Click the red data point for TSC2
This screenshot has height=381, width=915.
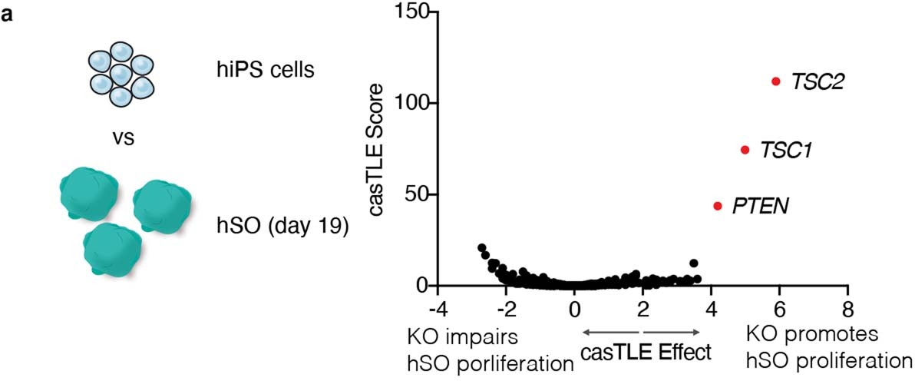point(776,81)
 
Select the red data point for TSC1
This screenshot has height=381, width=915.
point(745,150)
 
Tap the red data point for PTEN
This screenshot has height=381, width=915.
point(718,206)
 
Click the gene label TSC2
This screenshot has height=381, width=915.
point(818,81)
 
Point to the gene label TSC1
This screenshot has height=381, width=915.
point(786,151)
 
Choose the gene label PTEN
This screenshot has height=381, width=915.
point(760,207)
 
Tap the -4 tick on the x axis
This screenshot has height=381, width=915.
point(437,308)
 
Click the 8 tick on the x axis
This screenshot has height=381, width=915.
point(847,308)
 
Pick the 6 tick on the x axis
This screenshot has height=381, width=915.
point(779,308)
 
